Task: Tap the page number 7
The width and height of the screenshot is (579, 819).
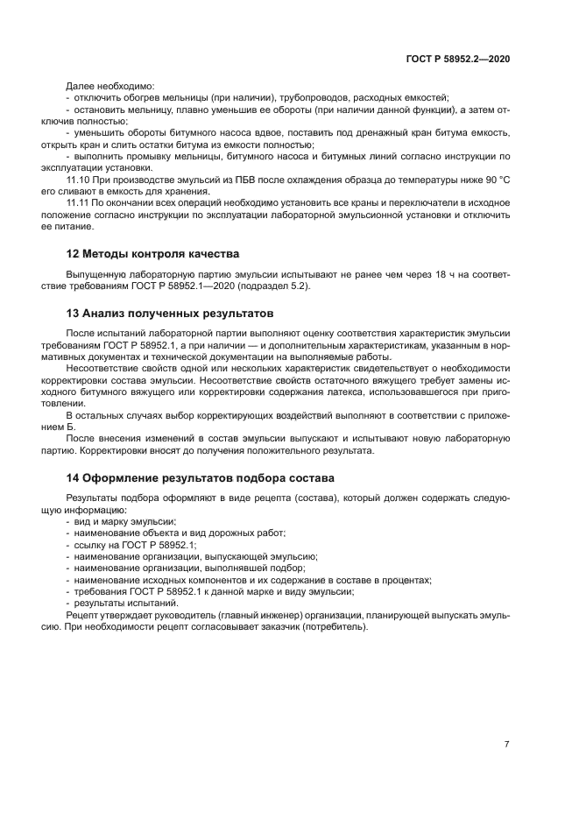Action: (x=507, y=744)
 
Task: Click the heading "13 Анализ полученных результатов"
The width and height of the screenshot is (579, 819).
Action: (x=171, y=313)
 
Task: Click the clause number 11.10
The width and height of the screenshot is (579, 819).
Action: (x=78, y=179)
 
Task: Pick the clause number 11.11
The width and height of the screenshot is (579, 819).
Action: (x=78, y=202)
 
